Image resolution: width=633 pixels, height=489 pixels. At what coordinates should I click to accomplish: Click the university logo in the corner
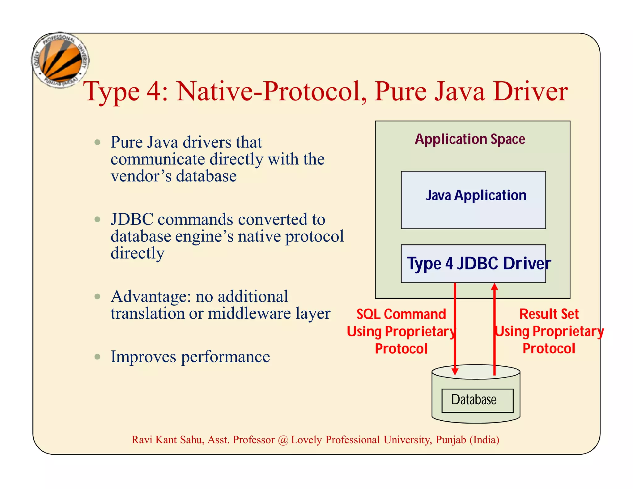tap(61, 60)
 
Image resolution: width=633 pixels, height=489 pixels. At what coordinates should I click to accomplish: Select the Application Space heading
tap(470, 139)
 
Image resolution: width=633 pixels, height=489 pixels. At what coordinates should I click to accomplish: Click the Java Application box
tap(473, 200)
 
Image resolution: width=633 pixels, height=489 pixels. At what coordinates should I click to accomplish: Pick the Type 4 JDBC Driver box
tap(473, 264)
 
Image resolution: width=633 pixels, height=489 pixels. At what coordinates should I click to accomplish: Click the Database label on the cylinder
tap(474, 400)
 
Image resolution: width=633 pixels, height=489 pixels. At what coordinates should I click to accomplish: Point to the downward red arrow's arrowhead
tap(455, 371)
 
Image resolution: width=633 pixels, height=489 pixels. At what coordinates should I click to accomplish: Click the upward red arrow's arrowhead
tap(494, 287)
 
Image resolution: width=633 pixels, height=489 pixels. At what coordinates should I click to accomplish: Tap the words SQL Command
tap(401, 314)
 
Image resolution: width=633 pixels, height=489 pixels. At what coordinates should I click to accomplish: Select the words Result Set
tap(549, 314)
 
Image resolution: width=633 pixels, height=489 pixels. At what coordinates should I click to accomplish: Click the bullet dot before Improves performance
tap(98, 357)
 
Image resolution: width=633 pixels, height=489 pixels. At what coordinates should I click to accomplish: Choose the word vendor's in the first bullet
tap(141, 176)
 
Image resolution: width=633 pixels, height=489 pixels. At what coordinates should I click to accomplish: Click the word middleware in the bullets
tap(249, 313)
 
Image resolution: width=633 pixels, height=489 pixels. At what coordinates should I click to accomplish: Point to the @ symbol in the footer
tap(283, 440)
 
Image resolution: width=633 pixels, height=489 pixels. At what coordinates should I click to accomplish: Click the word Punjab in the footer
tap(451, 440)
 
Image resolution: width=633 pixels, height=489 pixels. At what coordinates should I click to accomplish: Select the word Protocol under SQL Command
tap(401, 349)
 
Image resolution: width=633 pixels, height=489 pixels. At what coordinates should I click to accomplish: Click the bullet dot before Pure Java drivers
tap(98, 142)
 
